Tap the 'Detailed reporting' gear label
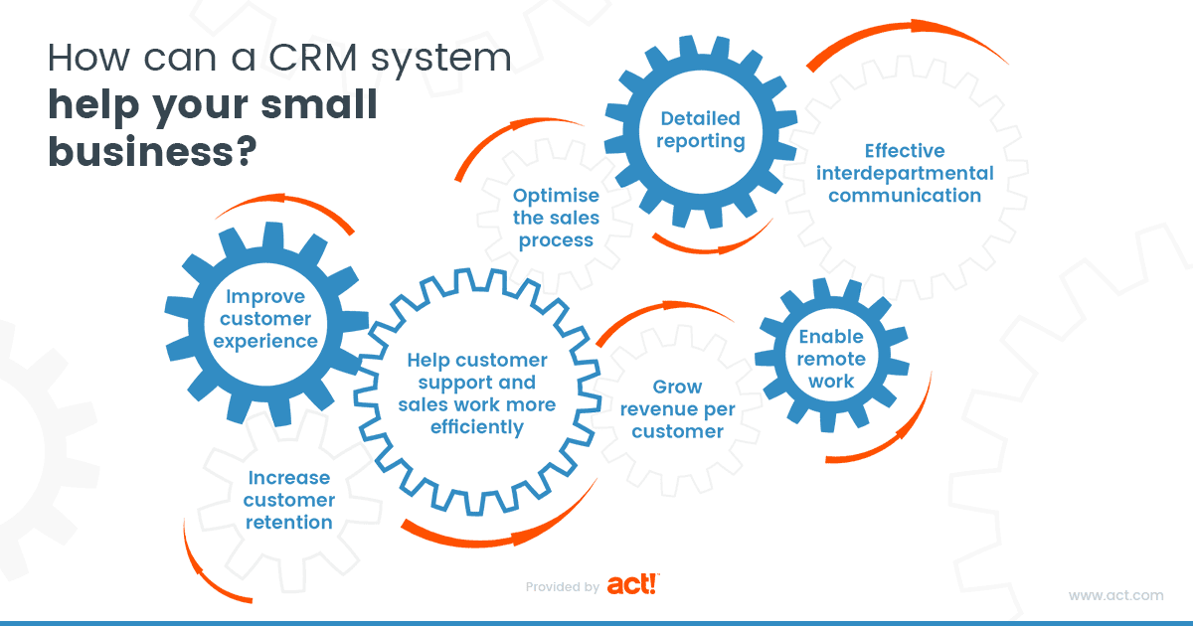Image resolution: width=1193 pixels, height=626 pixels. [702, 129]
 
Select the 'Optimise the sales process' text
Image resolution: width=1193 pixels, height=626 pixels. [555, 218]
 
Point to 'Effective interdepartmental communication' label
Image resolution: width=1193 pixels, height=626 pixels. [904, 173]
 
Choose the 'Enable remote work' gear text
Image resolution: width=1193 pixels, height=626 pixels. [830, 358]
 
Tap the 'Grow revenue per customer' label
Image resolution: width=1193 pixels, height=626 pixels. [677, 408]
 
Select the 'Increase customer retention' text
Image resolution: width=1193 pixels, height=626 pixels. [288, 500]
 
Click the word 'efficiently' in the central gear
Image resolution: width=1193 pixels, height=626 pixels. [476, 426]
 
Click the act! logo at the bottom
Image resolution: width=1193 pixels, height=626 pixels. [632, 584]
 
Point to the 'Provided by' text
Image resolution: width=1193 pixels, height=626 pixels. [562, 587]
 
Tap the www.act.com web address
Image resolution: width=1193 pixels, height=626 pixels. [1115, 595]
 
